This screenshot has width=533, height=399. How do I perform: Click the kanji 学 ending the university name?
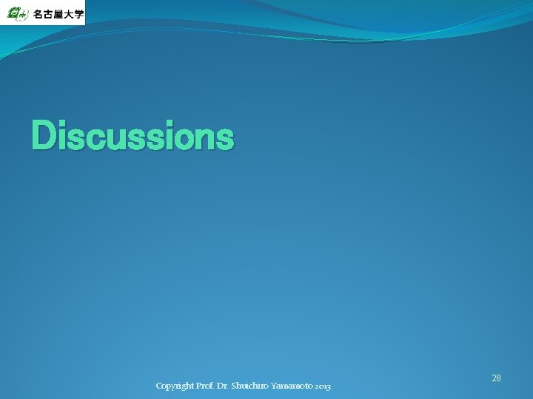click(x=78, y=14)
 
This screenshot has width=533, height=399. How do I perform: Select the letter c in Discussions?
click(x=95, y=138)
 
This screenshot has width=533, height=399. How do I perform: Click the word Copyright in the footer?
click(x=175, y=386)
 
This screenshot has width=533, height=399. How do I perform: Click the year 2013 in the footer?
click(x=323, y=386)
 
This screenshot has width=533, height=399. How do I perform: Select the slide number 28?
click(x=496, y=378)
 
